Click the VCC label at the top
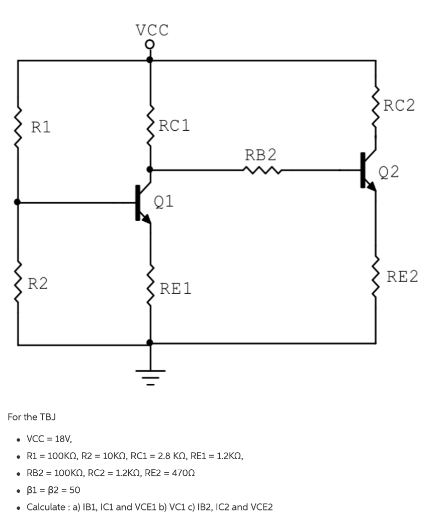click(x=152, y=30)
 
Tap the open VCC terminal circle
click(x=149, y=46)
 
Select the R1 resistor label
click(x=41, y=127)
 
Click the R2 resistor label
click(x=38, y=284)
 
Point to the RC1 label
click(x=174, y=125)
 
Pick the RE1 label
click(x=176, y=289)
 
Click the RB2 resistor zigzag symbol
click(x=261, y=170)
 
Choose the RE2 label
click(x=402, y=277)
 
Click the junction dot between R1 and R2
click(x=18, y=202)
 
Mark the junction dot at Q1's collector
click(x=150, y=170)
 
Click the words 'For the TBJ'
click(x=32, y=417)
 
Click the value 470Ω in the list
click(x=180, y=473)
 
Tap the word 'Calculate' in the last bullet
click(x=47, y=506)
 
